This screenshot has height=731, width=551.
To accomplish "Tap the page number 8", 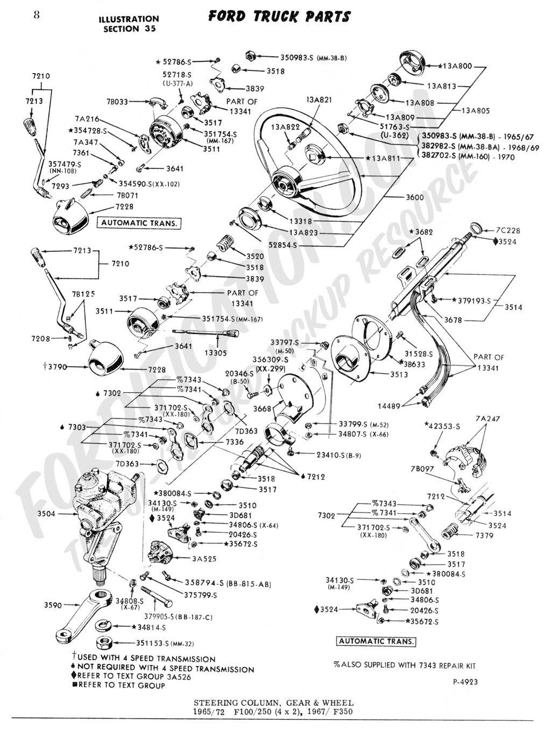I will click(x=36, y=15).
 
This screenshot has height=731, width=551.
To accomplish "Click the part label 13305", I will click(x=216, y=353).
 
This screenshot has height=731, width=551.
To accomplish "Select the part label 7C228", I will click(x=508, y=231).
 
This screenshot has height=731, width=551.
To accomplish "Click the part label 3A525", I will click(x=204, y=559).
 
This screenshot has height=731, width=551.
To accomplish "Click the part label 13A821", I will click(x=319, y=99).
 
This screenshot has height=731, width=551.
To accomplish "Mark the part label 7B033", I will click(x=117, y=101).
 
